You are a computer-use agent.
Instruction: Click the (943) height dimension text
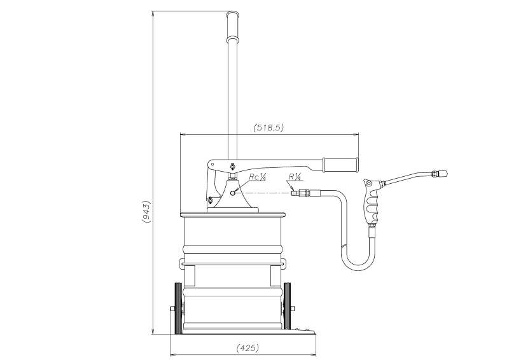(146, 212)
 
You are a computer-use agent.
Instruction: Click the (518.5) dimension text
(268, 128)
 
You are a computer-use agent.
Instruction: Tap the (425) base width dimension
(248, 348)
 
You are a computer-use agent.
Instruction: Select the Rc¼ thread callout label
(258, 177)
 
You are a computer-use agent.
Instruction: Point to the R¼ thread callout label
(295, 177)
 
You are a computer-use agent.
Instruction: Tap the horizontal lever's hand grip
(340, 165)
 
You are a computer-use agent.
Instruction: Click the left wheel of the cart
(178, 308)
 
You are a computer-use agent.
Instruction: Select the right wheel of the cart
(287, 307)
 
